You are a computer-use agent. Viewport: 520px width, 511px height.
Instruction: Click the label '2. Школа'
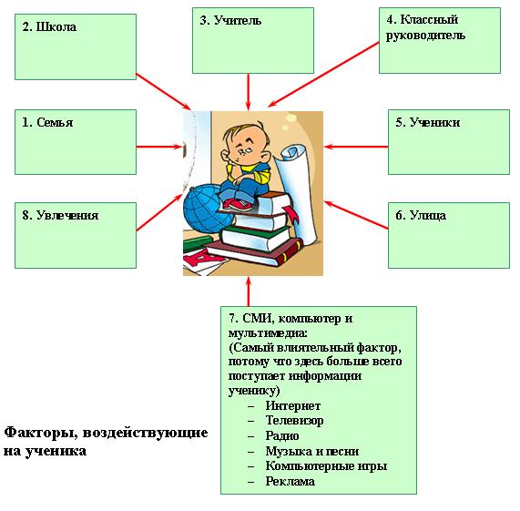click(x=49, y=26)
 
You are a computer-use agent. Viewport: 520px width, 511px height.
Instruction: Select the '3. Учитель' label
click(x=230, y=20)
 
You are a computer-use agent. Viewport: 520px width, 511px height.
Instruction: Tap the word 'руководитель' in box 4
click(x=425, y=36)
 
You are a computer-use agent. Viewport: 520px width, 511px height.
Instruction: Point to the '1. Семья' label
click(x=47, y=122)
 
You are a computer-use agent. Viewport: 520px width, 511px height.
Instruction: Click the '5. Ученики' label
click(x=428, y=122)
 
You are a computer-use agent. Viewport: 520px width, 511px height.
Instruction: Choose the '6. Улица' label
click(x=421, y=215)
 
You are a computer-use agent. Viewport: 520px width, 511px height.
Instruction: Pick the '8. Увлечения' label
click(x=60, y=215)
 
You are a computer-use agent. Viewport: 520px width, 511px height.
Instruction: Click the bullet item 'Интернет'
click(x=293, y=405)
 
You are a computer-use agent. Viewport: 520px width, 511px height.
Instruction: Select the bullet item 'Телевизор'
click(x=294, y=421)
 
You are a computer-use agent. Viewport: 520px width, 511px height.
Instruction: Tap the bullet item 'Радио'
click(x=282, y=435)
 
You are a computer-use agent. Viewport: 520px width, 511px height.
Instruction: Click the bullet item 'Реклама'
click(x=290, y=481)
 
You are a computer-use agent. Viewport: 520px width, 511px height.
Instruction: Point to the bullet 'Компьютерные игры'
click(x=326, y=465)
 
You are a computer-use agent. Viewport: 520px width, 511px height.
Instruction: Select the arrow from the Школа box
click(x=164, y=91)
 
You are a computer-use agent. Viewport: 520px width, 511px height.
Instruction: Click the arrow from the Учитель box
click(x=248, y=92)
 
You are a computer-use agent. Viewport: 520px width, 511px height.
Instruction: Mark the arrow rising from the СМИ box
click(x=249, y=291)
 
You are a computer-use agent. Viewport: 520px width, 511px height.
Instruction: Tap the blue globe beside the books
click(x=207, y=209)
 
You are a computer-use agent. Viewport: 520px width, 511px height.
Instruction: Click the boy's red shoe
click(x=238, y=204)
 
